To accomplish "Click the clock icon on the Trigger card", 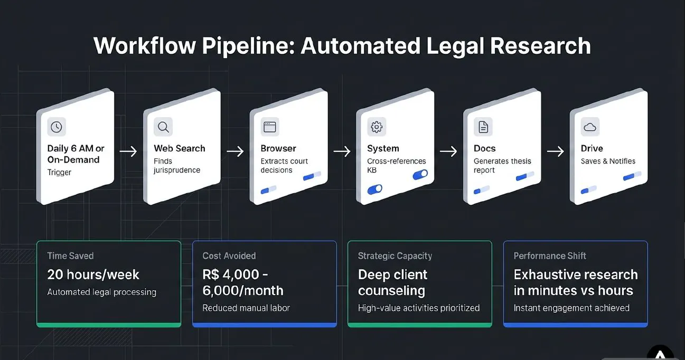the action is (x=57, y=127).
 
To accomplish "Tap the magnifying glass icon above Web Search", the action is (x=163, y=127).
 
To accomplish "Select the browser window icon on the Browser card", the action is (x=270, y=127).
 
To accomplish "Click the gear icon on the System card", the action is (x=377, y=127).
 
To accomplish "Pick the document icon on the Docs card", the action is (x=483, y=127).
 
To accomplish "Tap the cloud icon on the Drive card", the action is (x=590, y=127).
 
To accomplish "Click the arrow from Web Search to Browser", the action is (x=235, y=151).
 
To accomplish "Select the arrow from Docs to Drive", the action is (x=555, y=151).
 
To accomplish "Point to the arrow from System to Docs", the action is (x=448, y=151).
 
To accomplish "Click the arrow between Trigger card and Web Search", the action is (x=128, y=151).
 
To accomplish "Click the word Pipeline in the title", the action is (x=248, y=46).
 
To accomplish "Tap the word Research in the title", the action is (x=540, y=46).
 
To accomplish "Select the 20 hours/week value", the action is (x=93, y=274).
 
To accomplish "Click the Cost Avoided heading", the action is (x=229, y=256).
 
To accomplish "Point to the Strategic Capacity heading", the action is (x=395, y=256).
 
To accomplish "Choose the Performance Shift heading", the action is (x=550, y=256).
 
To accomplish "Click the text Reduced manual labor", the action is (x=246, y=308).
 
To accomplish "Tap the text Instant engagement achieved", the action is (x=571, y=308).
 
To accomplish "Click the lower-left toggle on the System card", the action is (x=375, y=190).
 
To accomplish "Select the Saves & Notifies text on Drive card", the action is (x=608, y=161).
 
